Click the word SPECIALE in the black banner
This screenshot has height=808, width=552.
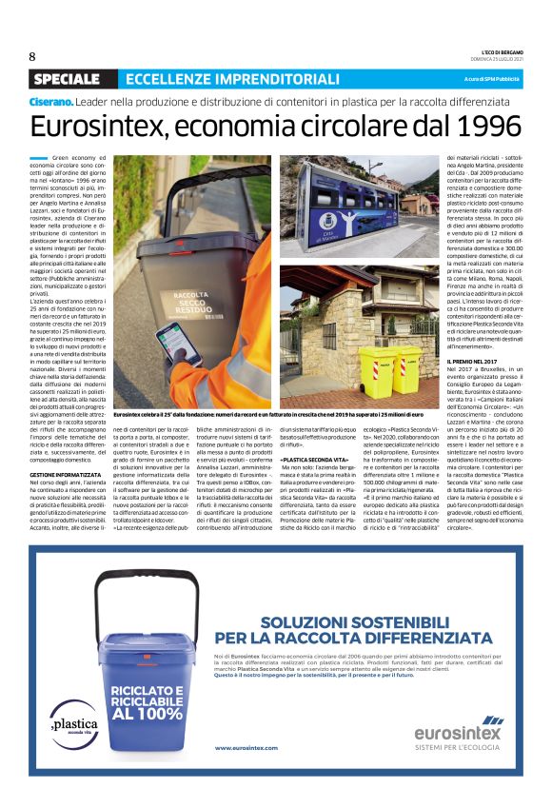[x=66, y=78]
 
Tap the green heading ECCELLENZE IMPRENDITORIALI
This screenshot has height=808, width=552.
[x=232, y=78]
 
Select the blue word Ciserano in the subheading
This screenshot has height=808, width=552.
[x=51, y=101]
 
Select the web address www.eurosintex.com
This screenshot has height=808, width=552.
[x=246, y=747]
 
